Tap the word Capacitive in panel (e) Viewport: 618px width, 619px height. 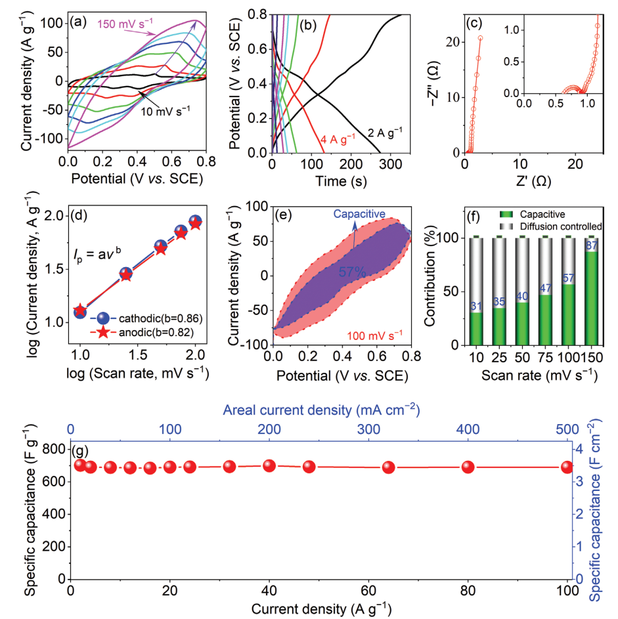click(x=359, y=215)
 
